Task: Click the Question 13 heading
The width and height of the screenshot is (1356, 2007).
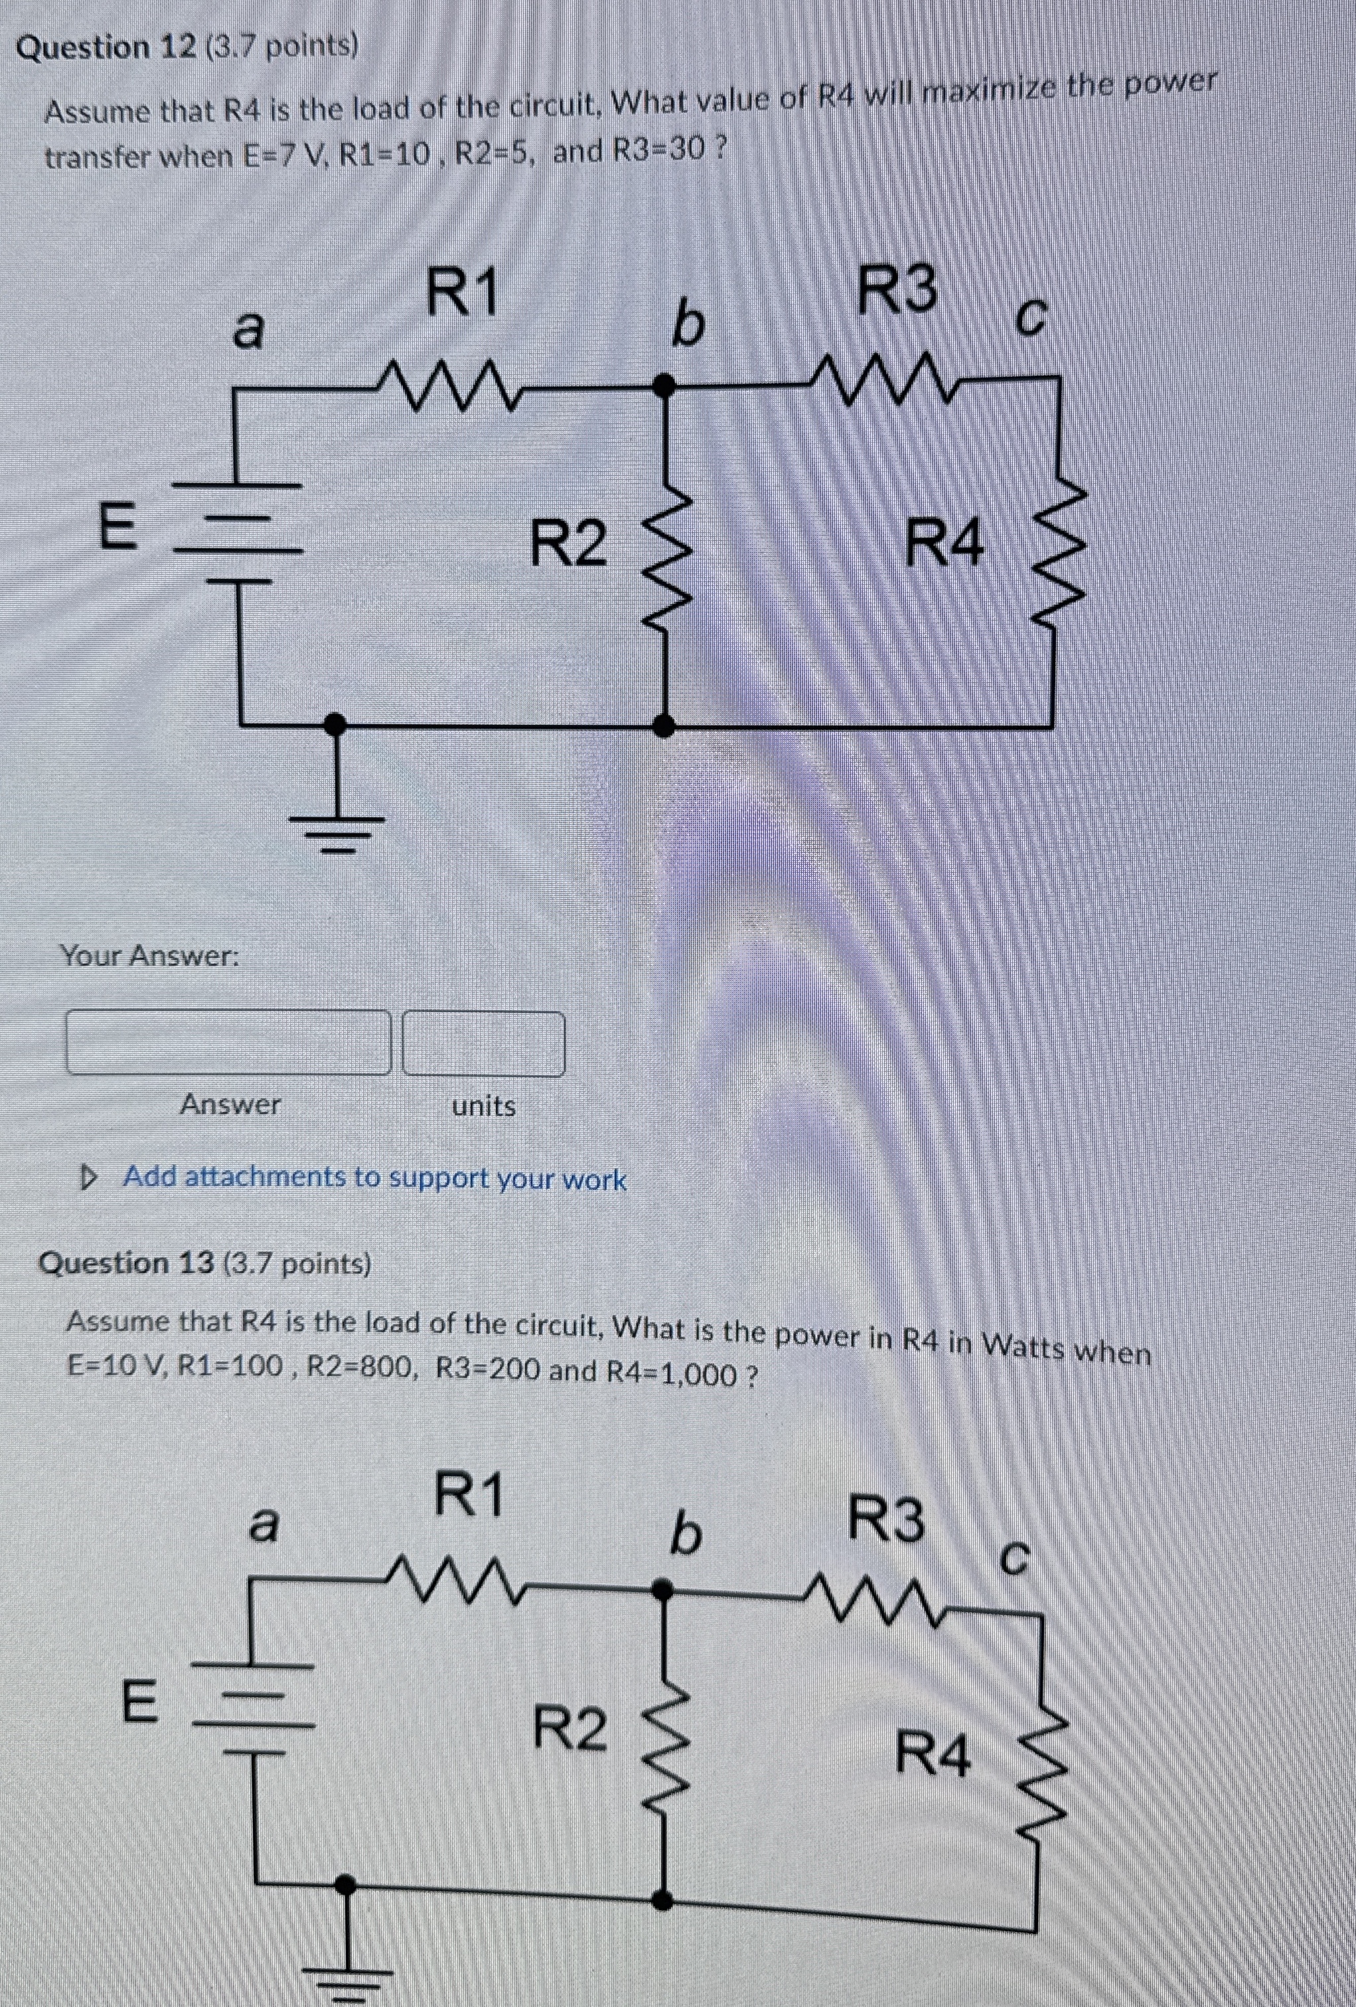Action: pyautogui.click(x=204, y=1264)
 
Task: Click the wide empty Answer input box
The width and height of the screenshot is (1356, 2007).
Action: pyautogui.click(x=228, y=1043)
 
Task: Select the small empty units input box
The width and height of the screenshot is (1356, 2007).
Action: pyautogui.click(x=484, y=1043)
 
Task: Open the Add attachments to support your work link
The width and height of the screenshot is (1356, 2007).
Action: pyautogui.click(x=374, y=1177)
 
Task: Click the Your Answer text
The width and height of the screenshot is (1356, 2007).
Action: pyautogui.click(x=149, y=955)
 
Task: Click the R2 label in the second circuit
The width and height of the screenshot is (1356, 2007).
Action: pyautogui.click(x=569, y=1726)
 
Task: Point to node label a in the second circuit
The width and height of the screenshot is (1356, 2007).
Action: pyautogui.click(x=264, y=1526)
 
